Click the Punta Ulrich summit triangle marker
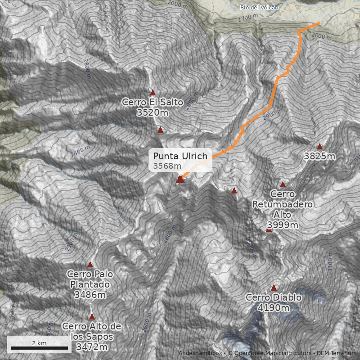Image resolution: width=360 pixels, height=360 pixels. tap(180, 180)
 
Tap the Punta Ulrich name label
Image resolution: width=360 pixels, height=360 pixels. tap(180, 156)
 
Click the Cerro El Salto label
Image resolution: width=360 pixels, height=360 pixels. tap(153, 103)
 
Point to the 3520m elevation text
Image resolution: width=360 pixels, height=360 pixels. tap(152, 112)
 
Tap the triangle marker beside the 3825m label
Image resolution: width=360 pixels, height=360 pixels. tap(319, 146)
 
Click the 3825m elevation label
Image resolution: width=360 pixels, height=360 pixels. tap(319, 157)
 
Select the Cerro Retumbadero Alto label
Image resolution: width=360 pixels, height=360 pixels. tap(282, 204)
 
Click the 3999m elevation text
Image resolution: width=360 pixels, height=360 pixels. tap(282, 225)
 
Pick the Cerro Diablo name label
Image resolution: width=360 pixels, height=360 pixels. tap(274, 298)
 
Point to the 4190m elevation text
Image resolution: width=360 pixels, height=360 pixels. tap(274, 308)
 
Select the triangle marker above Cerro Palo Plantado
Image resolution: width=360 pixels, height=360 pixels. tap(90, 264)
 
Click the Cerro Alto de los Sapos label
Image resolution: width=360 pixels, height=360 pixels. tap(92, 331)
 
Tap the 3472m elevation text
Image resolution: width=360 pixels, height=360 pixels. tap(92, 347)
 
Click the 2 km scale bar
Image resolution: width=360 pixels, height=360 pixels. tap(39, 347)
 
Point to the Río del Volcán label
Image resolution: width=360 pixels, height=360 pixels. tap(260, 7)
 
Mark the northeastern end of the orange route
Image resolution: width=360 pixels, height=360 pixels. tap(319, 23)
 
